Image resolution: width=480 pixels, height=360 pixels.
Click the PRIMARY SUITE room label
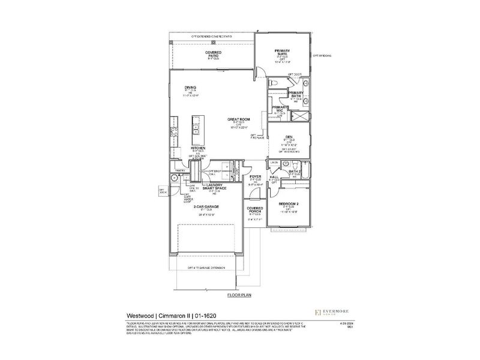pos(282,53)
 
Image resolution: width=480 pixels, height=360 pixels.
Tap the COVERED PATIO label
pos(214,53)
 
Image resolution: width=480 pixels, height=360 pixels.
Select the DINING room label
pos(190,88)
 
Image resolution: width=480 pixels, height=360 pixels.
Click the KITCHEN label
pos(199,148)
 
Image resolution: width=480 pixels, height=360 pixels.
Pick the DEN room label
pos(289,135)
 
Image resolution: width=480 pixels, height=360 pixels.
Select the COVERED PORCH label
pos(256,209)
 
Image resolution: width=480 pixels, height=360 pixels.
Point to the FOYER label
pos(256,176)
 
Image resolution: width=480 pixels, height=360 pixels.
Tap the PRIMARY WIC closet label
pos(277,109)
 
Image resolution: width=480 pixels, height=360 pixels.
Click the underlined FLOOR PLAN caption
pos(238,296)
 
